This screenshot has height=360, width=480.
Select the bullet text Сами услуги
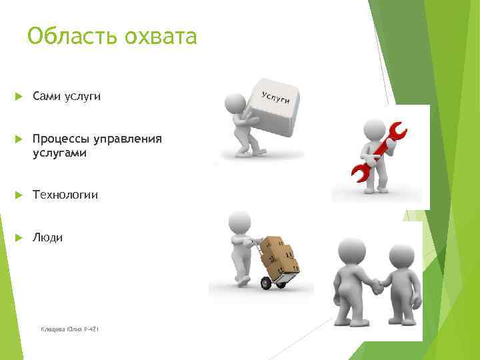pos(67,97)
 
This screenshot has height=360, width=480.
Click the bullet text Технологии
pos(65,195)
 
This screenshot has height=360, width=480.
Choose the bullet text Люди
pos(47,237)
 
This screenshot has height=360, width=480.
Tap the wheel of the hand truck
pos(266,283)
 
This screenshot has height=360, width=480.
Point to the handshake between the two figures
pos(377,286)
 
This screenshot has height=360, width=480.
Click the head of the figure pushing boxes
pos(238,221)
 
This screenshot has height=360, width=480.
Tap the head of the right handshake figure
pos(401,256)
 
